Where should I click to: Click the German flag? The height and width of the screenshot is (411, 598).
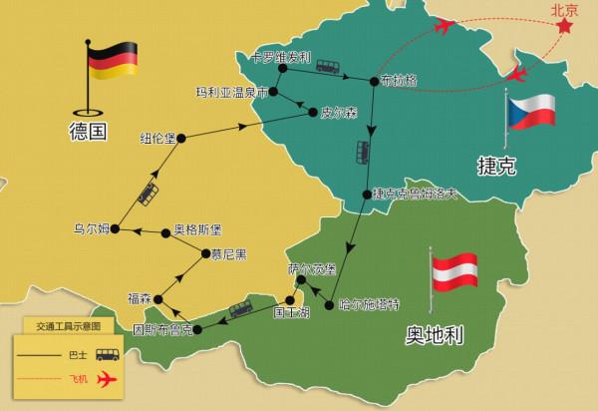106,60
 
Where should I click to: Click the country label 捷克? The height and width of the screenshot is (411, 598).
495,167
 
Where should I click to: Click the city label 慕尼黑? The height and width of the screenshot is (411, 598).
229,252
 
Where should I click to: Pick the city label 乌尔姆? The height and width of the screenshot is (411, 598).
92,227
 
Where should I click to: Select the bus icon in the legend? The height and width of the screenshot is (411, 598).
105,354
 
